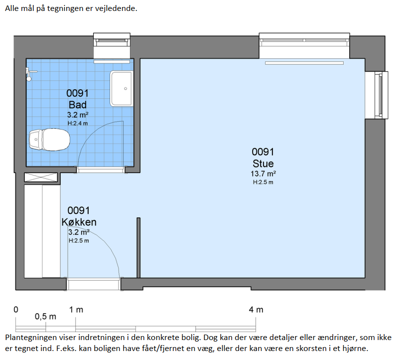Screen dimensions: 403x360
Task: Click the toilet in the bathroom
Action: tap(49, 140)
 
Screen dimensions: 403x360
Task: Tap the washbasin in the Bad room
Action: tap(122, 89)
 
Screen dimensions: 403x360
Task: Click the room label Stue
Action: tap(263, 164)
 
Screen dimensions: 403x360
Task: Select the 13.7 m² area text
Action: tap(263, 174)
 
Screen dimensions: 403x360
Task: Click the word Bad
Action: tap(77, 105)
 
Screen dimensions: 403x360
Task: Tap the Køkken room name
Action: tap(79, 222)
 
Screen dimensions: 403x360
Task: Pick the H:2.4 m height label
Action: tap(78, 123)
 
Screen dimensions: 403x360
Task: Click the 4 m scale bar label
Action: tap(256, 310)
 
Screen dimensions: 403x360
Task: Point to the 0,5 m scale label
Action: tap(45, 317)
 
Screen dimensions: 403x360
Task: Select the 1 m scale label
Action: tap(76, 310)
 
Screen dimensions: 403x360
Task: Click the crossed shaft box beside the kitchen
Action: tap(41, 178)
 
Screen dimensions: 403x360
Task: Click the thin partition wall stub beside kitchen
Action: tap(138, 248)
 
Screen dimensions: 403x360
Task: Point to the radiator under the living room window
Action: tap(304, 63)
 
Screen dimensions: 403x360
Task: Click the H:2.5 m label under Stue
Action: tap(263, 182)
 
